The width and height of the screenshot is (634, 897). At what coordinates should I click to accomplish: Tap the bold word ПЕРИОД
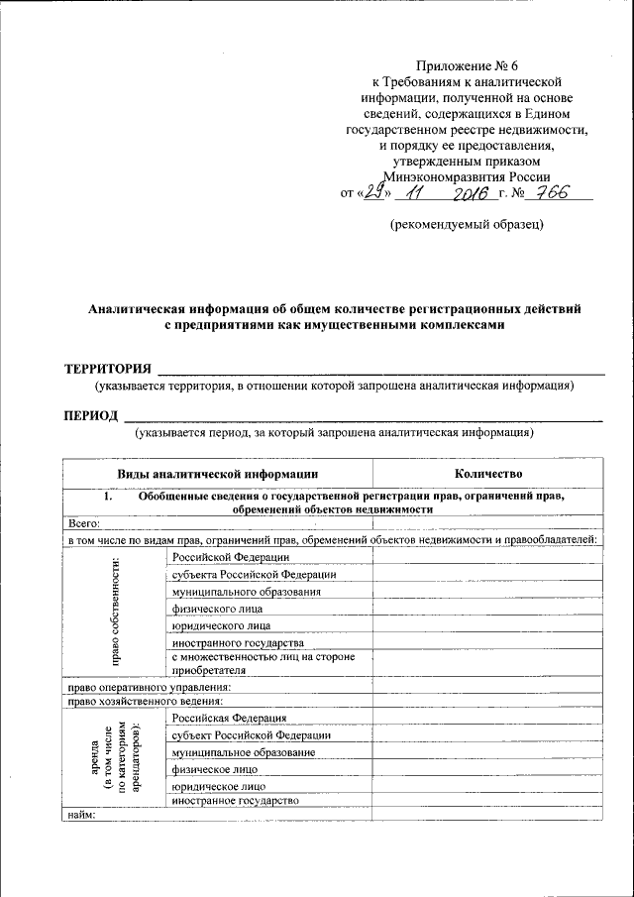92,414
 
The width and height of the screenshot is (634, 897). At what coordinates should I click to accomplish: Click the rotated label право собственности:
116,612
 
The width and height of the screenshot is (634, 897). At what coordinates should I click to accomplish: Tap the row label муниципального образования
246,592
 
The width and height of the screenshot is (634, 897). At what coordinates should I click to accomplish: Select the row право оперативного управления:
149,686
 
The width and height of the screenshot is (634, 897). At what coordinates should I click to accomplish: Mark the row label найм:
81,815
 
